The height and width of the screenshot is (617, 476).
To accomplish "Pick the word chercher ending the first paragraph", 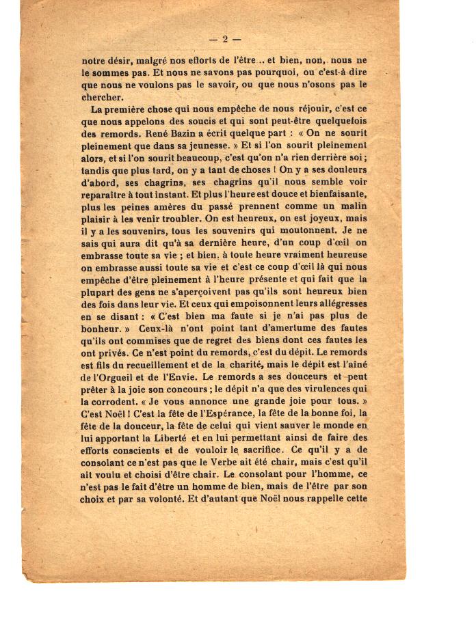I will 103,96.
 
